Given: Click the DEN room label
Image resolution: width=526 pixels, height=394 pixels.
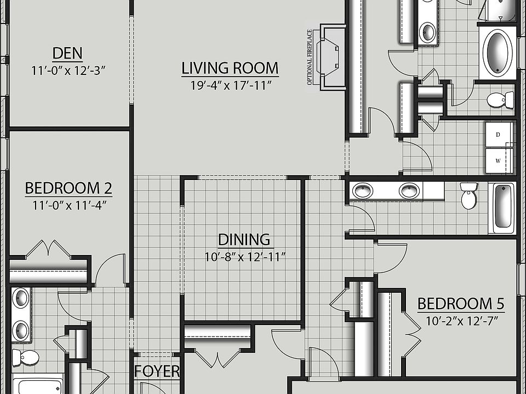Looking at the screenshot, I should point(68,54).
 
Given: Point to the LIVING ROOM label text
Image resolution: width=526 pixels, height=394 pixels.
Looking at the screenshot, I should point(230,68).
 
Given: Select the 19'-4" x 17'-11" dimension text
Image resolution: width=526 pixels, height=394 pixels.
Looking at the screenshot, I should point(230,85).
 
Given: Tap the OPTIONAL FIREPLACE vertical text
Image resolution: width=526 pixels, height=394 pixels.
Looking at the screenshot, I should point(310,57).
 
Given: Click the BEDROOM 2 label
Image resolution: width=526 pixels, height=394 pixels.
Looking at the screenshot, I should point(68,189).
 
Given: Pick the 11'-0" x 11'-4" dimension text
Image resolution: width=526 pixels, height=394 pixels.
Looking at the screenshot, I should point(68,205).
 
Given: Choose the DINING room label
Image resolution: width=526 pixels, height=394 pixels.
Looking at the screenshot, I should point(244,240).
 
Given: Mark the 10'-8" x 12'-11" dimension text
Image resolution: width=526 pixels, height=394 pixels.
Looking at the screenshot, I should point(245,257).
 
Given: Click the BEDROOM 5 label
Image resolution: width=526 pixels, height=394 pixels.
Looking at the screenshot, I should point(461,304).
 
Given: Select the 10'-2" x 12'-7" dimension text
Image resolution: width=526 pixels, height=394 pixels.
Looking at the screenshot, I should point(461,321).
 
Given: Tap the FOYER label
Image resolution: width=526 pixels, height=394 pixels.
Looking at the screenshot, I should point(157,372).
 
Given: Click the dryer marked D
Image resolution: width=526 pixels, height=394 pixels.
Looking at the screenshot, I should point(499,135).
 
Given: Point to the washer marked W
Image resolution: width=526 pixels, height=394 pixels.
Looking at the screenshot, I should point(499,161).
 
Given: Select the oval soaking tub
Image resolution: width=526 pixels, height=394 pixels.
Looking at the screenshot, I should point(498,53).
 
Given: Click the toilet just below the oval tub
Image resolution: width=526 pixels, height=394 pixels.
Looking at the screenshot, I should point(497,100).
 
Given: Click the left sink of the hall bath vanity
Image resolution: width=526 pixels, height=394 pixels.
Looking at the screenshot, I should point(362,191).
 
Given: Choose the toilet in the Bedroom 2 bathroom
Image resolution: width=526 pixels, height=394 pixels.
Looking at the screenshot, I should point(26,358).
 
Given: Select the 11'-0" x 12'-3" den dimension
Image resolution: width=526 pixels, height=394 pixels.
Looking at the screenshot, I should point(68,71).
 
